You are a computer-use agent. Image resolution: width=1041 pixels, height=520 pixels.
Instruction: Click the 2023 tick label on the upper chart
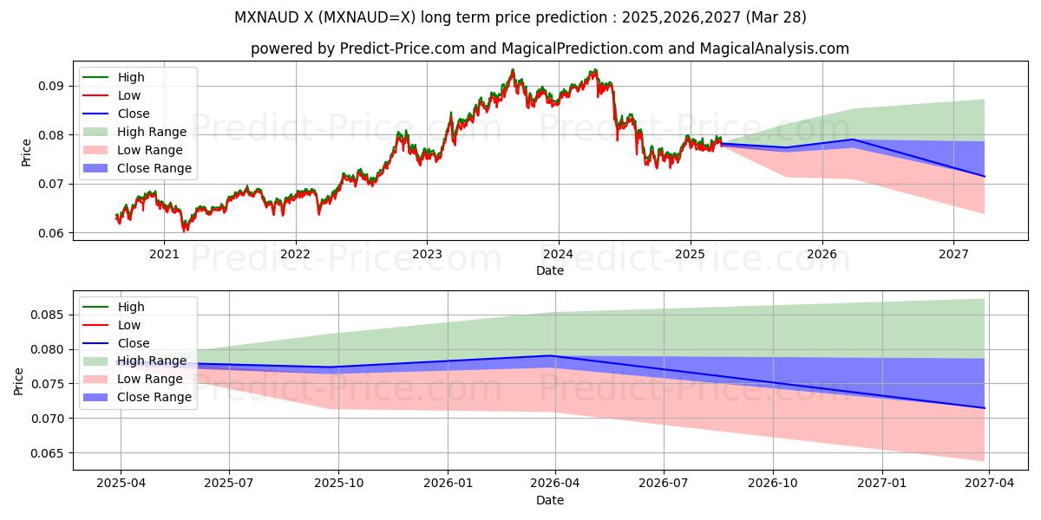(x=427, y=253)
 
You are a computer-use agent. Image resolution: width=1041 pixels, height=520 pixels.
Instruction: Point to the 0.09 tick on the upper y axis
(x=53, y=86)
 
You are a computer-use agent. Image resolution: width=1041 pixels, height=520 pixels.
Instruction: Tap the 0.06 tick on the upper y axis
(x=53, y=233)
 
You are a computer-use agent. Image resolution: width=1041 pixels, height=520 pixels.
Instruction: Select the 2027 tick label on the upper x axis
(x=953, y=253)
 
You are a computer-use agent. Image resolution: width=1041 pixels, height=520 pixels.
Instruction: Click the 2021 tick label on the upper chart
(x=164, y=253)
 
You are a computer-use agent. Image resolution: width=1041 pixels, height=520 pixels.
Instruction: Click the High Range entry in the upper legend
(x=152, y=132)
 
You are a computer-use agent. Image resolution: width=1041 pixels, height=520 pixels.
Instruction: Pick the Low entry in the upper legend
(x=129, y=95)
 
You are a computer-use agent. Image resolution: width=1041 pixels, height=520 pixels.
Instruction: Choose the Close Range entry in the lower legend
(x=154, y=397)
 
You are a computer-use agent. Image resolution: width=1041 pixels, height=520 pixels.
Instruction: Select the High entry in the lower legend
(x=131, y=307)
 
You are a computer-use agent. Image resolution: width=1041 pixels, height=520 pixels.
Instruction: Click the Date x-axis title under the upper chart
(x=550, y=270)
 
